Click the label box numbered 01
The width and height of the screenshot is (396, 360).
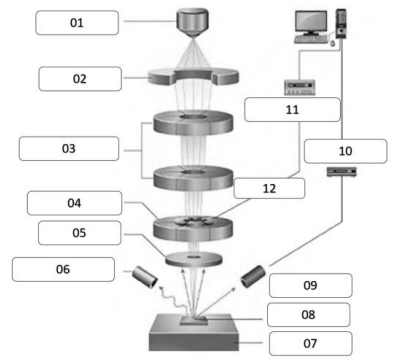pyautogui.click(x=77, y=23)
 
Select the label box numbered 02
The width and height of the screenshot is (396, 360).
pyautogui.click(x=80, y=79)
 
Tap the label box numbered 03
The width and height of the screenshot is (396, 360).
pyautogui.click(x=69, y=148)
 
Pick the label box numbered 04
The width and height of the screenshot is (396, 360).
pyautogui.click(x=74, y=203)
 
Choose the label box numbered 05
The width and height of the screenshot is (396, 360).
pyautogui.click(x=79, y=233)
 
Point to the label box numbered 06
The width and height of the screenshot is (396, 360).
pyautogui.click(x=63, y=269)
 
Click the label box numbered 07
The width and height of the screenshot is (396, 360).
pyautogui.click(x=310, y=343)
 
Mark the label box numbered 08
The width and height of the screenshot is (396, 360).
pyautogui.click(x=309, y=314)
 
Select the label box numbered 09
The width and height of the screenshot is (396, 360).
pyautogui.click(x=310, y=285)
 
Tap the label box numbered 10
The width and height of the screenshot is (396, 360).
pyautogui.click(x=346, y=151)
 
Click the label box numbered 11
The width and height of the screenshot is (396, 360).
pyautogui.click(x=292, y=110)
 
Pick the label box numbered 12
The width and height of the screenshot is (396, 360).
pyautogui.click(x=269, y=188)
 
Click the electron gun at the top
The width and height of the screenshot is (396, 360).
pyautogui.click(x=193, y=22)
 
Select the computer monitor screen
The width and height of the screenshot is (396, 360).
pyautogui.click(x=311, y=21)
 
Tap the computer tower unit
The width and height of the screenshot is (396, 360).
pyautogui.click(x=341, y=23)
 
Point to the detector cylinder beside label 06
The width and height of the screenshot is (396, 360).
pyautogui.click(x=145, y=277)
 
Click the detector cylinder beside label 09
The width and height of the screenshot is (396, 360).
pyautogui.click(x=253, y=276)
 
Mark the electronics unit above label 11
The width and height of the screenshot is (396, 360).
pyautogui.click(x=299, y=87)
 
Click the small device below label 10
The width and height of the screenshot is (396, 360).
pyautogui.click(x=342, y=172)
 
